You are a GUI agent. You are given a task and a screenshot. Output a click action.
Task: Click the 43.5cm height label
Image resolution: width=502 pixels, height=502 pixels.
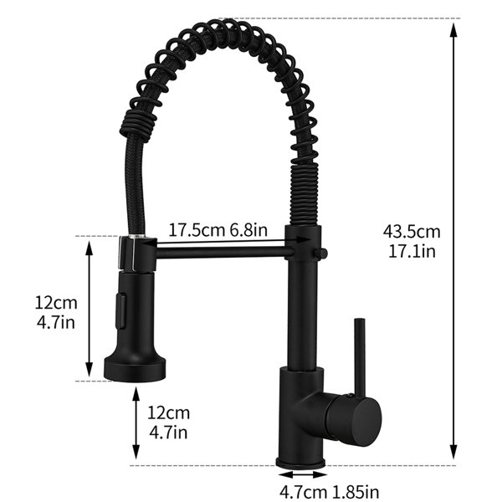pos(412,232)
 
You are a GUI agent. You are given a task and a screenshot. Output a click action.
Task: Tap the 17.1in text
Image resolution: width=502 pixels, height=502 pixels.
pos(412,251)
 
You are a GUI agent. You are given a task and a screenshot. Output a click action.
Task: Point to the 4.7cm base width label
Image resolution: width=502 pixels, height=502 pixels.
pos(303,491)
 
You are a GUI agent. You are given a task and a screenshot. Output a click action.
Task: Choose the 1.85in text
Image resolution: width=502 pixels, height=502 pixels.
pos(355,491)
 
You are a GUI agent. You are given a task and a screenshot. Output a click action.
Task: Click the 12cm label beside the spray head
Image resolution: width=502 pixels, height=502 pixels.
pos(56,303)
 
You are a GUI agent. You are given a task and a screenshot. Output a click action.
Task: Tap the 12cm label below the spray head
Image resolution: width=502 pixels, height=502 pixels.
pos(168,413)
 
